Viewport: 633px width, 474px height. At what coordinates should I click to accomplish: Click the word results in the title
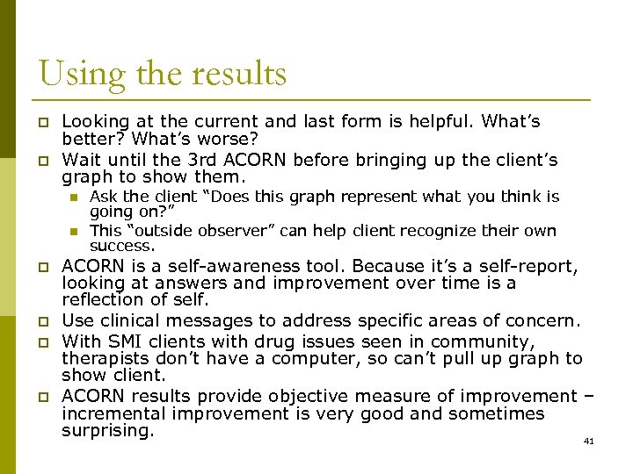(x=237, y=73)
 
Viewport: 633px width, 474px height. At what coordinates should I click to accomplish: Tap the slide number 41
(x=589, y=441)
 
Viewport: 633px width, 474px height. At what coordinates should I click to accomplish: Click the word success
(x=122, y=247)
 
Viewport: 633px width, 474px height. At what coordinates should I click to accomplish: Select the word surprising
(x=108, y=431)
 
